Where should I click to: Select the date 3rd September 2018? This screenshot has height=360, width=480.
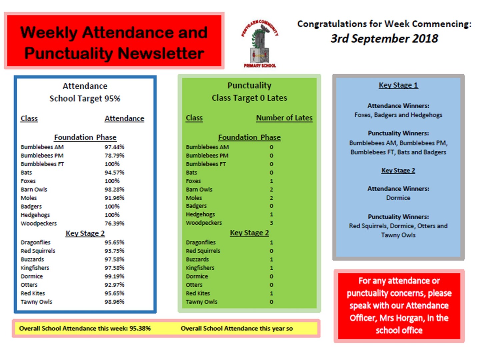(384, 39)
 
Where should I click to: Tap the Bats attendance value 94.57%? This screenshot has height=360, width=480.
(114, 172)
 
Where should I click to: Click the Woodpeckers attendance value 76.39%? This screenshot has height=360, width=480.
(114, 223)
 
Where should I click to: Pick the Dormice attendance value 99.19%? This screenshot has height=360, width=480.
(114, 276)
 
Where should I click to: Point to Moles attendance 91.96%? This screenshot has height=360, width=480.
(114, 198)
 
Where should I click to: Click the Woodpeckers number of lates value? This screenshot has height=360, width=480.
(271, 223)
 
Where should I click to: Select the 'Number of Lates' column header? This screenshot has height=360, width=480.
(284, 118)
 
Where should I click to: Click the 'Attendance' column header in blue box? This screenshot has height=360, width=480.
(124, 118)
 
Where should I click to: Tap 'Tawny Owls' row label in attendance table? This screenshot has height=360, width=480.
(36, 302)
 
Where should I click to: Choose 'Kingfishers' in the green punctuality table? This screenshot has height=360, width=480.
(200, 268)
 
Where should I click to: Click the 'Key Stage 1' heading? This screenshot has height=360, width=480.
(398, 85)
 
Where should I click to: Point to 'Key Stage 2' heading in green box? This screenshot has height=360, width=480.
(249, 233)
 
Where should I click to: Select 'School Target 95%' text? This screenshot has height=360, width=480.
(85, 99)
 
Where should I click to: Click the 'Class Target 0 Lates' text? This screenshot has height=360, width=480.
(249, 98)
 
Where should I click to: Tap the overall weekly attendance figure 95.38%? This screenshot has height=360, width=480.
(140, 328)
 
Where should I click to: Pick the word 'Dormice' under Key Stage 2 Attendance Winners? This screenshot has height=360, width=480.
(398, 198)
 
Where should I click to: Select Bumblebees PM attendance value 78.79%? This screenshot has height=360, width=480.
(114, 155)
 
